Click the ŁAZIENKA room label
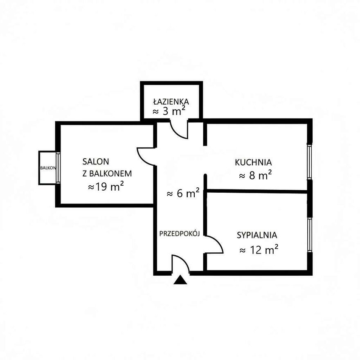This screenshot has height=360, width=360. pyautogui.click(x=171, y=101)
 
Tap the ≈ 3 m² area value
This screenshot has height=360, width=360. pyautogui.click(x=169, y=111)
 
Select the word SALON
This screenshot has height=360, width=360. pyautogui.click(x=96, y=162)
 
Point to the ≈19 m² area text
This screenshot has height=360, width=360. pyautogui.click(x=106, y=187)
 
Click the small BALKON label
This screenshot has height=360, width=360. pyautogui.click(x=48, y=168)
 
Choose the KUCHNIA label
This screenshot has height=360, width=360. pyautogui.click(x=253, y=162)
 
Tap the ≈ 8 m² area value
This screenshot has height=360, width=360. pyautogui.click(x=255, y=175)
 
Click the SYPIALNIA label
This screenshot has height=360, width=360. pyautogui.click(x=257, y=235)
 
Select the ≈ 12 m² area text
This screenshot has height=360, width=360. pyautogui.click(x=259, y=249)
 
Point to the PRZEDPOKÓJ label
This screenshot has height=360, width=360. pyautogui.click(x=180, y=234)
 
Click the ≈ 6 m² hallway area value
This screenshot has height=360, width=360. pyautogui.click(x=183, y=193)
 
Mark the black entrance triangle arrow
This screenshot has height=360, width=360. pyautogui.click(x=180, y=280)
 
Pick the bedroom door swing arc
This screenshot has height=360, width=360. pyautogui.click(x=218, y=241)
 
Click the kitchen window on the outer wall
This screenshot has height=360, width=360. pyautogui.click(x=310, y=162)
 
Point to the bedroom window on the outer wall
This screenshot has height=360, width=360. pyautogui.click(x=310, y=235)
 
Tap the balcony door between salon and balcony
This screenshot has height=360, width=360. pyautogui.click(x=58, y=168)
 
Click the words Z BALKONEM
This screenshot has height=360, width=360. pyautogui.click(x=107, y=173)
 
